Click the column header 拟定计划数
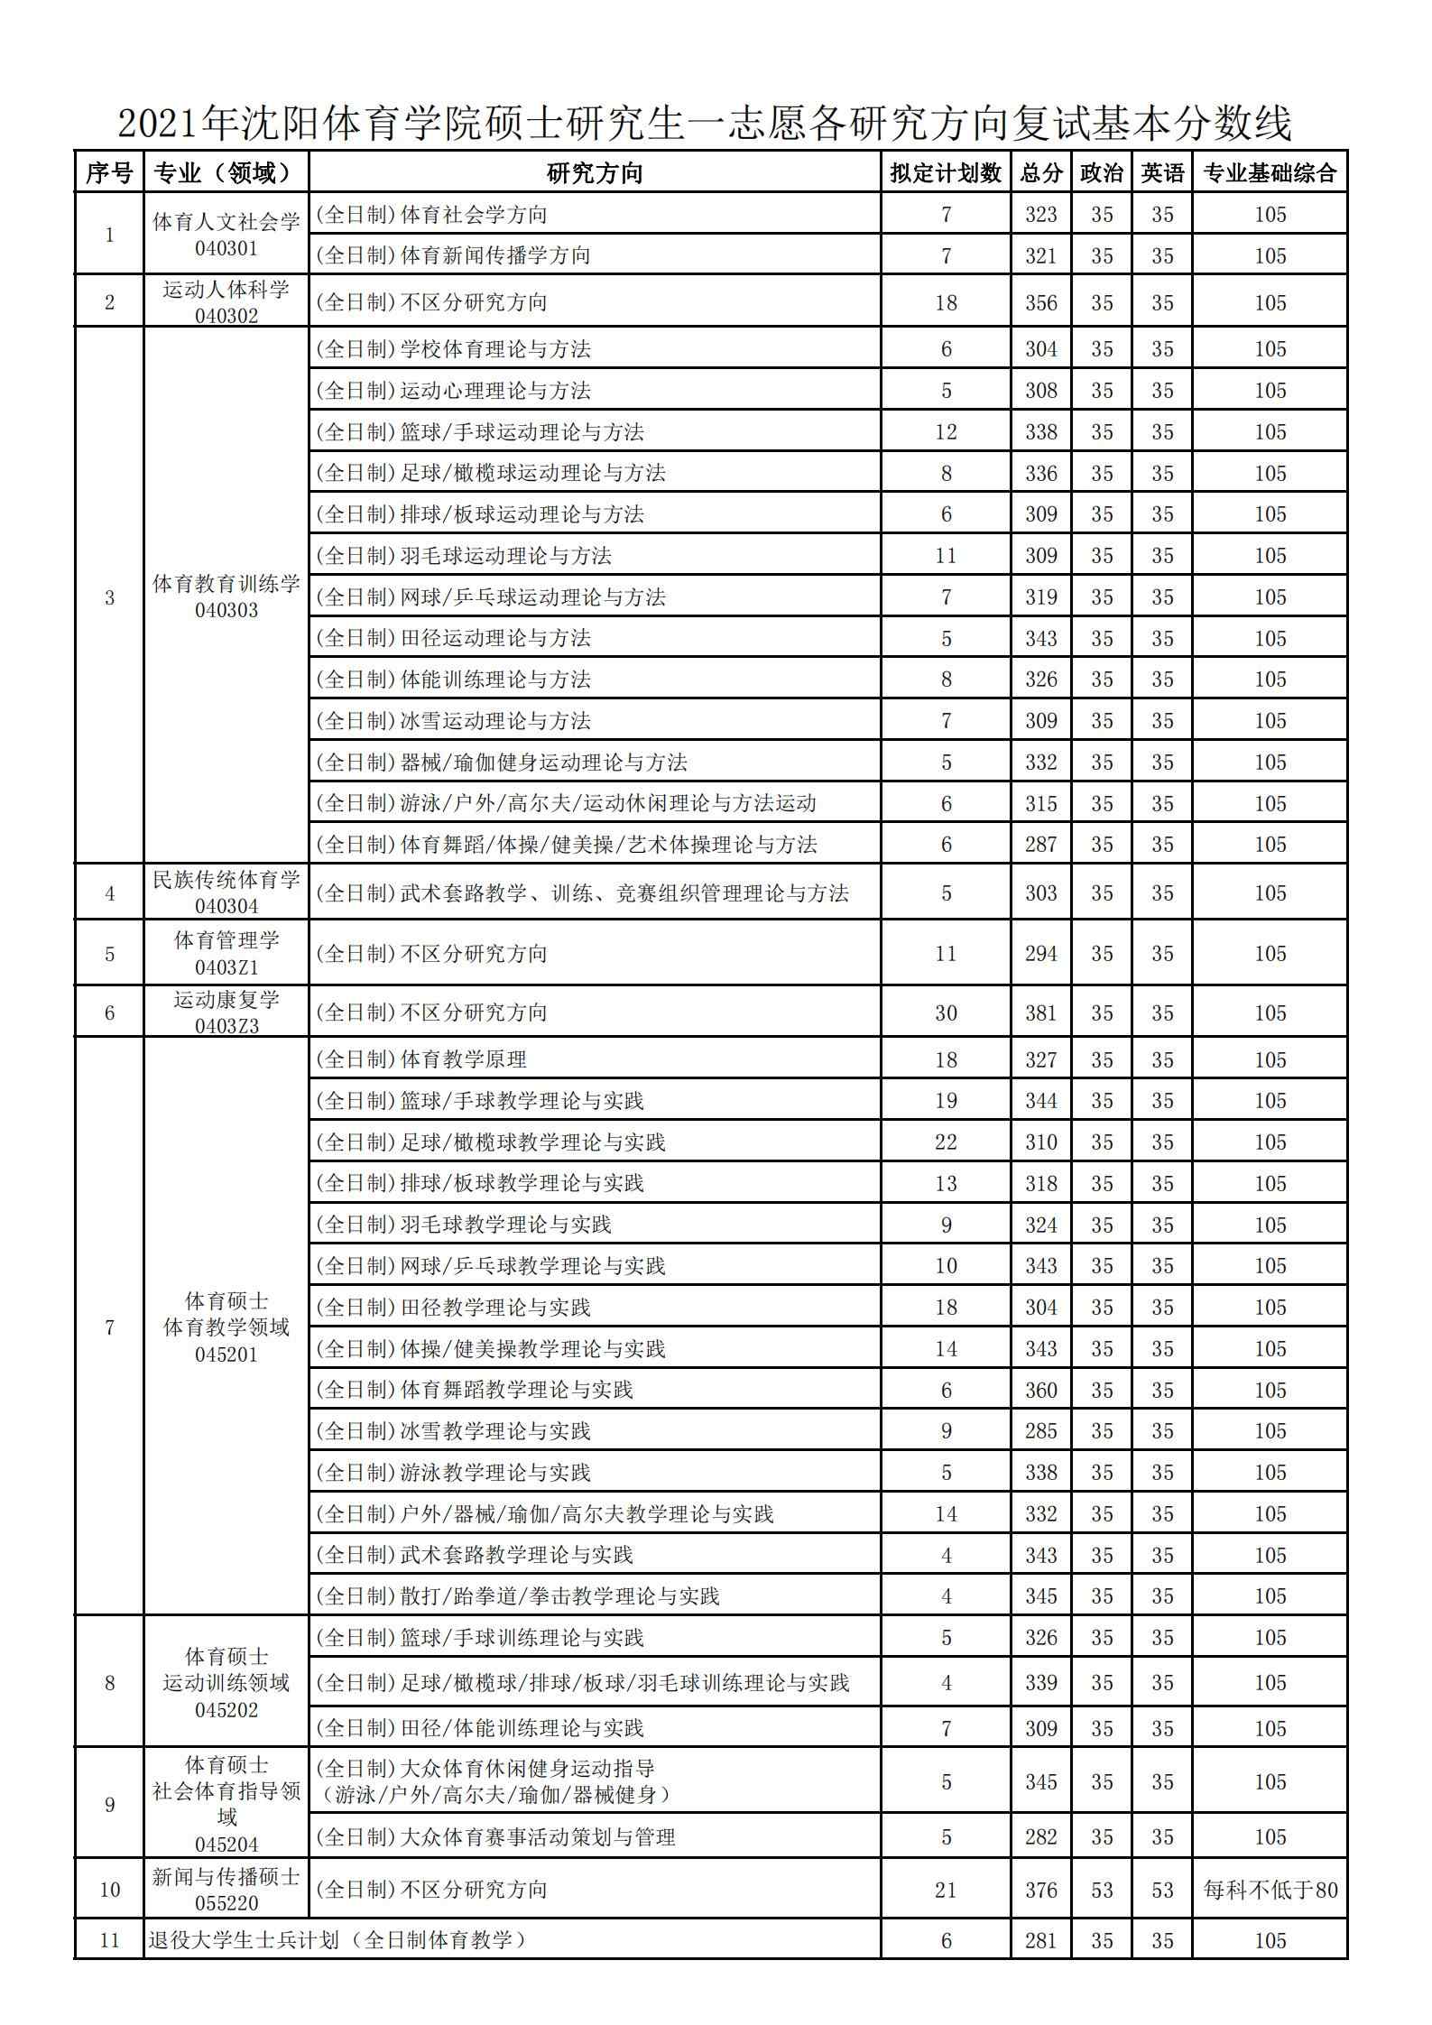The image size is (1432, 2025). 945,172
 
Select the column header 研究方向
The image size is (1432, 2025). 594,172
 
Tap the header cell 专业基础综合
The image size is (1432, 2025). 1269,172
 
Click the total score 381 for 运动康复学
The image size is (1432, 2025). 1040,1013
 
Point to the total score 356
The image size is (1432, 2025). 1040,302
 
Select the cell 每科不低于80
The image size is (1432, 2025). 1270,1889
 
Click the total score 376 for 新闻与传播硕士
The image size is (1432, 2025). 1040,1889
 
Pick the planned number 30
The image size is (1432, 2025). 945,1013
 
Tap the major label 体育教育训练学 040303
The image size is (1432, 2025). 226,596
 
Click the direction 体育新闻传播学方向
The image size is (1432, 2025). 494,255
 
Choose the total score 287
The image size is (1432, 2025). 1040,844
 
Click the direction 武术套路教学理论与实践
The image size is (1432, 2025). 516,1554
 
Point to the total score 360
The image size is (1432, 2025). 1040,1390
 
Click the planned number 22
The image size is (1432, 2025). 945,1142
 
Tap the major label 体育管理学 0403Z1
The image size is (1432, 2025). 226,953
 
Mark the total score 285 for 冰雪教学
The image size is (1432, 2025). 1040,1430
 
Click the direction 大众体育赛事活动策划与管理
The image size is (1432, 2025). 537,1836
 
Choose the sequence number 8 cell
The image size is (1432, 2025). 109,1682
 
